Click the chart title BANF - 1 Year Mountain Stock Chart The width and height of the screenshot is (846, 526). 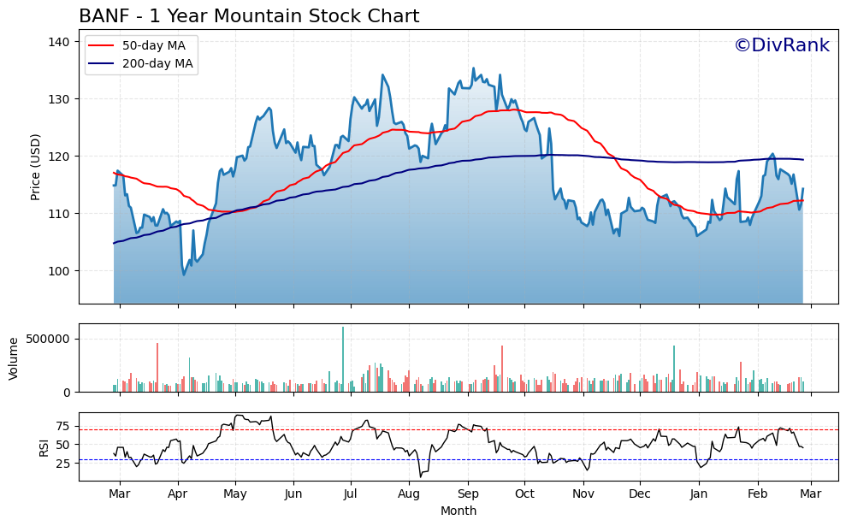(x=249, y=16)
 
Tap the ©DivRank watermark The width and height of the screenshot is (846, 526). (x=781, y=45)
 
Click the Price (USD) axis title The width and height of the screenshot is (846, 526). (x=36, y=167)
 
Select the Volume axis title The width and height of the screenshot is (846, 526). (x=13, y=358)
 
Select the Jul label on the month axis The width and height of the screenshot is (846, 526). (x=351, y=494)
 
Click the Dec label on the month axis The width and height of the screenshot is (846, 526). (x=640, y=494)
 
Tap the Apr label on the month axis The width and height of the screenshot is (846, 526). (x=177, y=494)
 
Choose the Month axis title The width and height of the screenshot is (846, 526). (x=458, y=511)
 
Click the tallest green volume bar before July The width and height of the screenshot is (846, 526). (x=343, y=359)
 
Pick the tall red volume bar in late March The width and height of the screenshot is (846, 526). (x=157, y=367)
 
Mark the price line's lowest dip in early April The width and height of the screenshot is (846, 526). (x=183, y=274)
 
